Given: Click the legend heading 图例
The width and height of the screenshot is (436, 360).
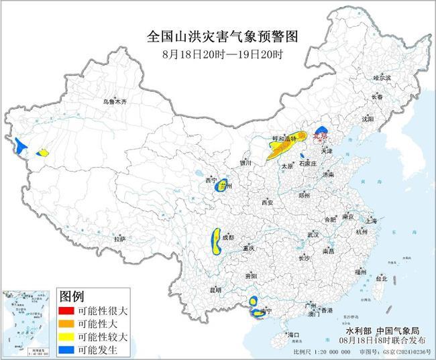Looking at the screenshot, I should tap(72, 296).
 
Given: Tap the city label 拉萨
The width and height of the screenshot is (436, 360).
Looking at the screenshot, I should tap(119, 239).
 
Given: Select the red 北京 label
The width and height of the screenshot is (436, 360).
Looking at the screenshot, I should tap(319, 135).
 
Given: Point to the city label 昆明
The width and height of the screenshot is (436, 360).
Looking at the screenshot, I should tap(215, 290).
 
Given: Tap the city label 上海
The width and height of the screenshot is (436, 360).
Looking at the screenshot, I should tap(370, 220).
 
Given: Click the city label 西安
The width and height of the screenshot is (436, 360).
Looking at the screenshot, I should tap(268, 202).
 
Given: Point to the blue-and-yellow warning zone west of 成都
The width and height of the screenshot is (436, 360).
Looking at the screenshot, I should tap(217, 241).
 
